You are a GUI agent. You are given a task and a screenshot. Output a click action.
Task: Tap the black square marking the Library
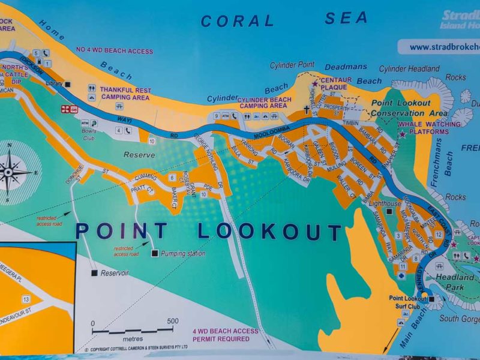point(68,85)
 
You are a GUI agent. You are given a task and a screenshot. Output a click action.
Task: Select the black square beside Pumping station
point(155,254)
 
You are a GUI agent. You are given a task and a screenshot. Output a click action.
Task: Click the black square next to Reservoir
point(94,273)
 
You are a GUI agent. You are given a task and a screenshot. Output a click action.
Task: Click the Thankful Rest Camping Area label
point(125,92)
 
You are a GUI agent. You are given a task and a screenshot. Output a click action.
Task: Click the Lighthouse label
point(384,204)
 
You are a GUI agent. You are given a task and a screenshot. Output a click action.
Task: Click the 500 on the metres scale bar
point(173,322)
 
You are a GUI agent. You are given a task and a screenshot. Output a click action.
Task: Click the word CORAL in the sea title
point(237,21)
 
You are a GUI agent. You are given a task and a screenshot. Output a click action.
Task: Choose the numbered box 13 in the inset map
point(25,299)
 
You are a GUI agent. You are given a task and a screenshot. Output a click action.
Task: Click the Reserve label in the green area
point(139,155)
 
